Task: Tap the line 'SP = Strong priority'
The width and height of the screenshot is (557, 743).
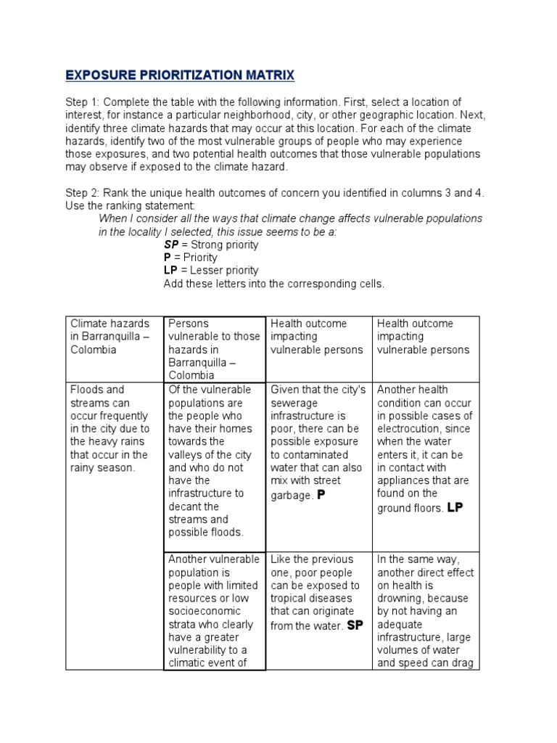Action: coord(210,245)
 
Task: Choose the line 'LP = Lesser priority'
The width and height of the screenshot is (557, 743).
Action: coord(210,271)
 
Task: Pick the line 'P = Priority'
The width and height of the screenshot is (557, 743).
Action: coord(191,258)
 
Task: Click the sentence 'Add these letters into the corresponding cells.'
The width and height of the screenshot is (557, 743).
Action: coord(273,284)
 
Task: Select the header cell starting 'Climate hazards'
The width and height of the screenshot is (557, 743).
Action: coord(109,336)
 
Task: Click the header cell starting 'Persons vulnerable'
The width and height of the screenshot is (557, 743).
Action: coord(213,349)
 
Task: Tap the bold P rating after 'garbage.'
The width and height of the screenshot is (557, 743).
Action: coord(321,494)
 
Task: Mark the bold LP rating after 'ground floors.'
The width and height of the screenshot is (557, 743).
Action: coord(455,507)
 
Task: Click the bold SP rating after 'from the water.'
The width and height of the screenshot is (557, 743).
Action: coord(355,625)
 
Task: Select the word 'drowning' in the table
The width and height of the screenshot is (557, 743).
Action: coord(398,599)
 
